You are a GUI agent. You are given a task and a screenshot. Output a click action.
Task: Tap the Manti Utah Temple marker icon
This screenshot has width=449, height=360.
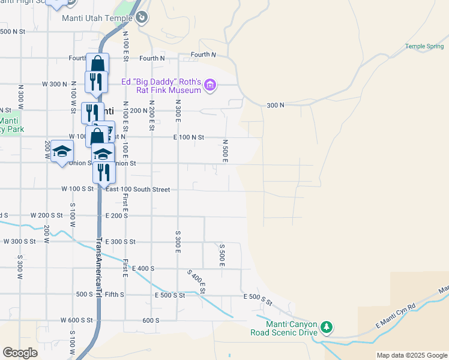[x=141, y=17]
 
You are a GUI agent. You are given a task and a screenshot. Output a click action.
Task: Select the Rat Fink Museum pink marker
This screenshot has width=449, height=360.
[x=209, y=86]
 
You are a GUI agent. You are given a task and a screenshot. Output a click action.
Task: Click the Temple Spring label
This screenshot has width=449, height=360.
[x=424, y=46]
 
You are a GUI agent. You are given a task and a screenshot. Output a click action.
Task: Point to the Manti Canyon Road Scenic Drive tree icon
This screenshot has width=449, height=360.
[x=326, y=327]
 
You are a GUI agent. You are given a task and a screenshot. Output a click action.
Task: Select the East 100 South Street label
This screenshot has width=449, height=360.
[x=137, y=190]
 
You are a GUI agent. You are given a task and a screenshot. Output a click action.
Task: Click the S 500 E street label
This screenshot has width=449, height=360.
[x=221, y=255]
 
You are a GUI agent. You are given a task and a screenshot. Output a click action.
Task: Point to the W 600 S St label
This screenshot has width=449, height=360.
[x=76, y=320]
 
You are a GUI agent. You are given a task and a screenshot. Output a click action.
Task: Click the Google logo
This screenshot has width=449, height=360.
[x=20, y=353]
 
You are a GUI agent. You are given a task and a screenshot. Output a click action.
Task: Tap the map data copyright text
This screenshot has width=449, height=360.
[x=412, y=355]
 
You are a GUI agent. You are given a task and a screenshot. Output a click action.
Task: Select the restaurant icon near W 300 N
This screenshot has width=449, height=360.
[x=96, y=82]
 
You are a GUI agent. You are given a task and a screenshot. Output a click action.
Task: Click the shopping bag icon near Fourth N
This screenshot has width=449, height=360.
[x=97, y=64]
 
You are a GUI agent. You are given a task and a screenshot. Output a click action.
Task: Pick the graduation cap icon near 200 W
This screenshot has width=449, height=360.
[x=62, y=152]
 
